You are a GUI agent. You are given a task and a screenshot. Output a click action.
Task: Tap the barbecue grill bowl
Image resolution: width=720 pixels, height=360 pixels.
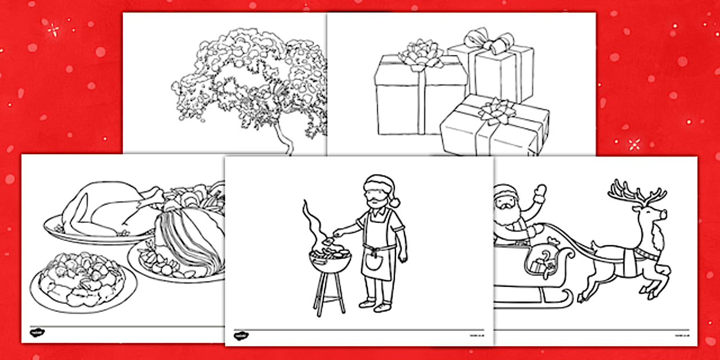point(330,261)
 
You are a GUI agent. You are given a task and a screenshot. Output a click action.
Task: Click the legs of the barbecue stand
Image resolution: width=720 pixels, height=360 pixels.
point(329,294)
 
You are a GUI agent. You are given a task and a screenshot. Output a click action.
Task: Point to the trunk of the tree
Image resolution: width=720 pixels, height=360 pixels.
point(282,140)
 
